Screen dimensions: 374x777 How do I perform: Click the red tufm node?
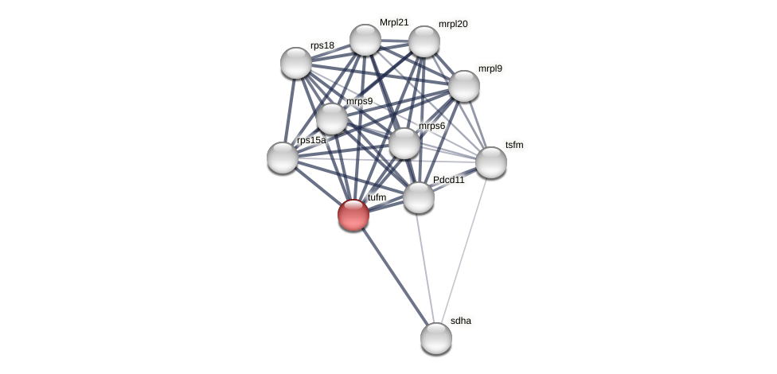click(x=353, y=215)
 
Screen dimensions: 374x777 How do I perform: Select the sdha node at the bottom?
click(x=436, y=338)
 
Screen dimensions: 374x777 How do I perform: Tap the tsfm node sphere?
click(x=491, y=162)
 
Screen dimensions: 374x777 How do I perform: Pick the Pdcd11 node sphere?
click(x=419, y=197)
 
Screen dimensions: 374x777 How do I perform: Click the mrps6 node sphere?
click(x=404, y=143)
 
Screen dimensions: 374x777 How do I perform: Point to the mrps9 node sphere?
click(x=332, y=119)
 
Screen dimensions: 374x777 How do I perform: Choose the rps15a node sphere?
click(x=283, y=158)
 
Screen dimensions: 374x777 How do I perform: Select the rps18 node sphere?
click(x=296, y=63)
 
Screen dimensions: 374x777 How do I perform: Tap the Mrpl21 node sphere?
click(x=365, y=40)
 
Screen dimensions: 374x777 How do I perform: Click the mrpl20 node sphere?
click(x=424, y=41)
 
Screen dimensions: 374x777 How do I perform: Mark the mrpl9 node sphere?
click(x=464, y=86)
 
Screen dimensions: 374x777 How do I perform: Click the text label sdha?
click(x=461, y=321)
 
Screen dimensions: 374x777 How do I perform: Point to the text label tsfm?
click(x=514, y=145)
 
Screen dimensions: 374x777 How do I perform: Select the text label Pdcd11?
click(x=449, y=180)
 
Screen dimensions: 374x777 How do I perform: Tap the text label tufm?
click(x=377, y=197)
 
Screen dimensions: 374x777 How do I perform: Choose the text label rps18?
click(x=322, y=45)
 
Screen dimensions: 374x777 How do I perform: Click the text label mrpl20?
click(x=453, y=24)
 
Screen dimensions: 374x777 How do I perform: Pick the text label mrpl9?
click(x=490, y=68)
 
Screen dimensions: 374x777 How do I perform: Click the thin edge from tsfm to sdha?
click(x=464, y=250)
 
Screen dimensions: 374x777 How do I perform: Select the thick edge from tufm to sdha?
click(x=394, y=275)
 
